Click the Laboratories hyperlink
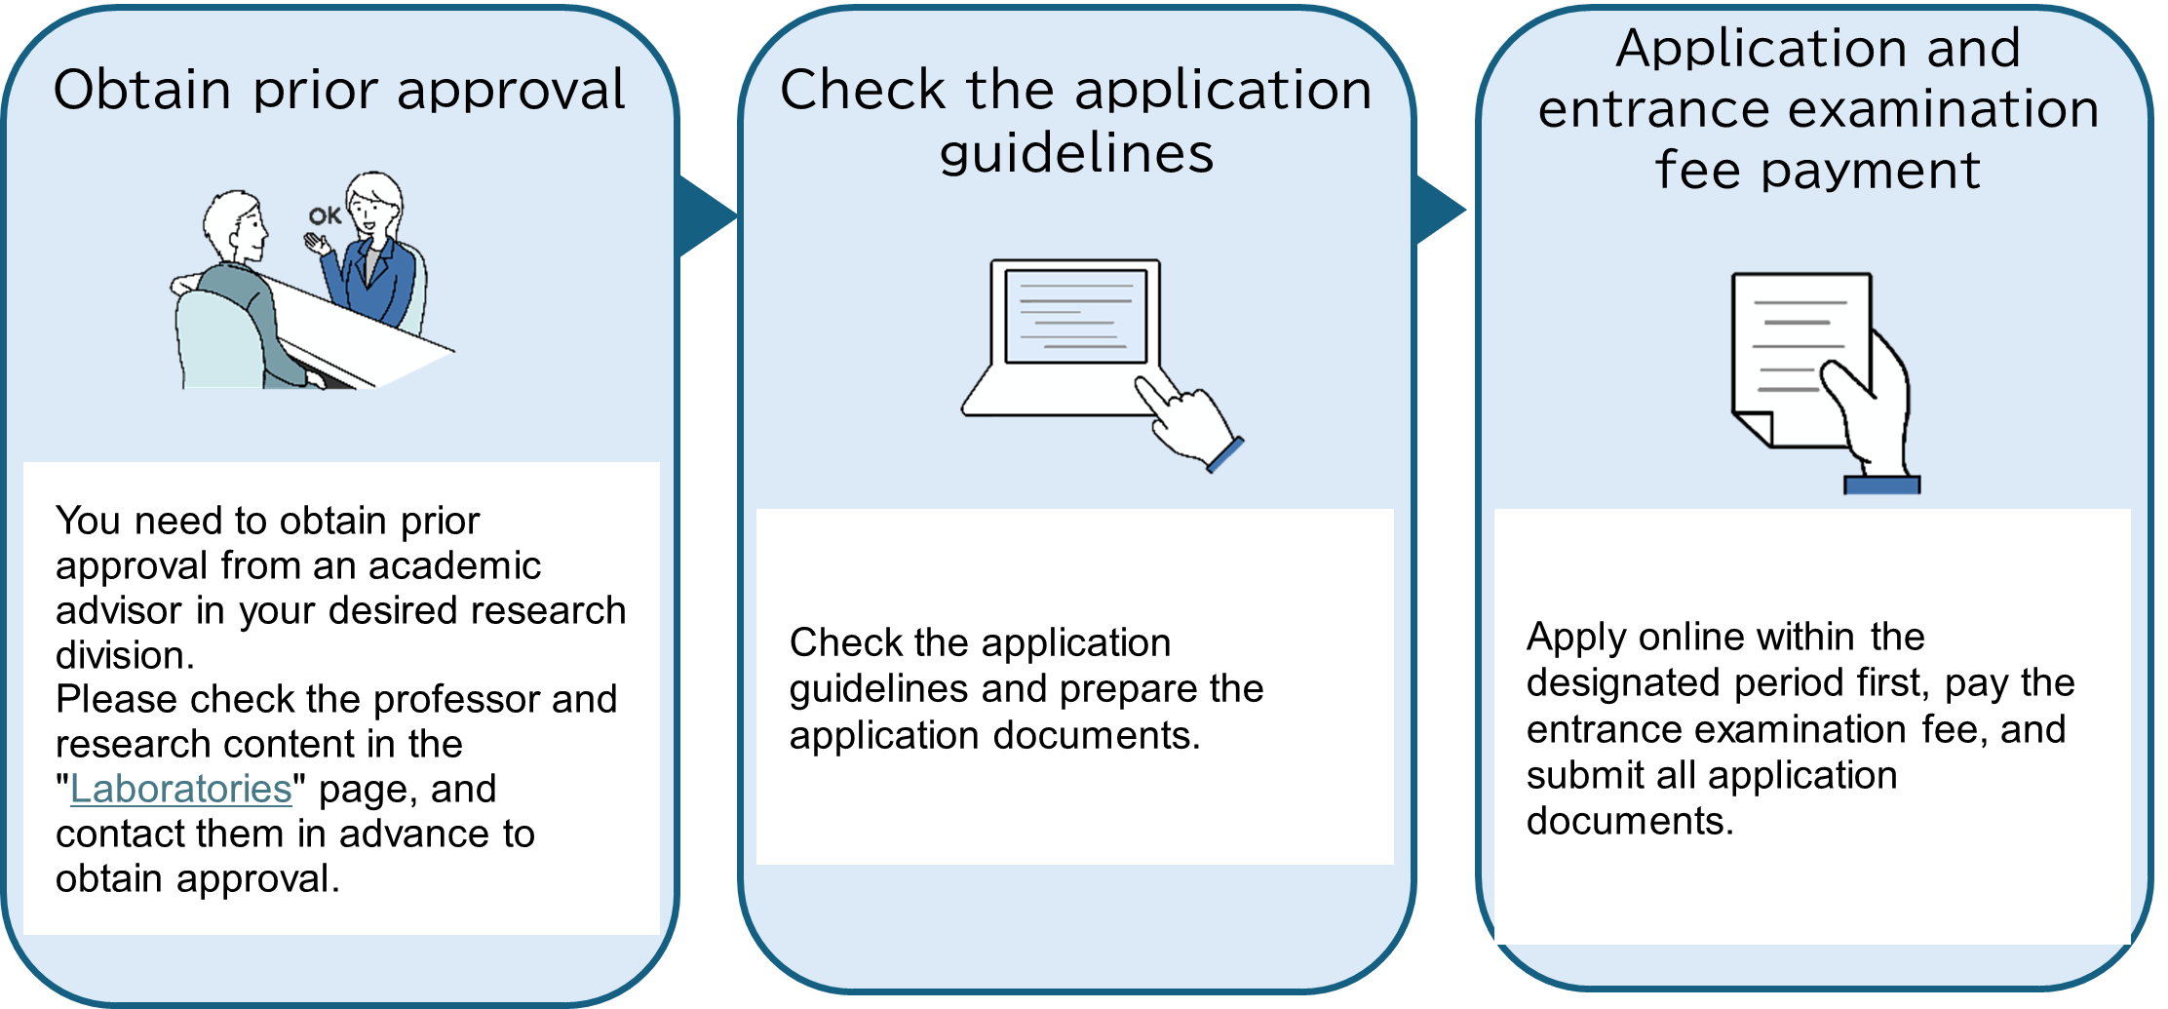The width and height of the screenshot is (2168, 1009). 181,789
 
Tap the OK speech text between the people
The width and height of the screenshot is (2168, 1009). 325,215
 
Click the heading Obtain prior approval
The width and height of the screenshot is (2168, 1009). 339,90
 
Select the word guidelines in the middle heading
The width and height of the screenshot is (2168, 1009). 1076,153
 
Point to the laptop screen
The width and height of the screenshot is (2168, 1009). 1075,315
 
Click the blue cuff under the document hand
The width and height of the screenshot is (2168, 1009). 1881,485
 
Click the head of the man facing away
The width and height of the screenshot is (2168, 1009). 235,224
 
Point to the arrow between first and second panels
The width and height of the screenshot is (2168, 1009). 706,214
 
